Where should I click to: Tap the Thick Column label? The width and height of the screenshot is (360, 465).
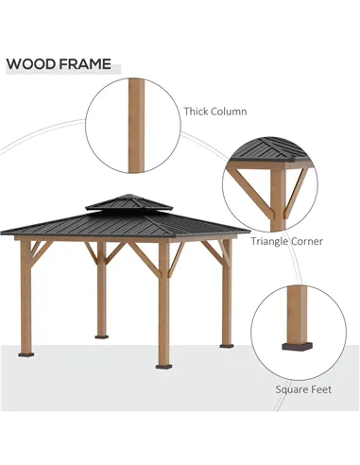point(215,112)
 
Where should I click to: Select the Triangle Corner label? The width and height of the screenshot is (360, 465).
point(286,241)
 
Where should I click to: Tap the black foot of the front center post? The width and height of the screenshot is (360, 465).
point(163,365)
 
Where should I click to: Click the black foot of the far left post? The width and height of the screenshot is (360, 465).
point(26,354)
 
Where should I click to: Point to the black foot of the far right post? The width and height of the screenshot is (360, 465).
point(227,345)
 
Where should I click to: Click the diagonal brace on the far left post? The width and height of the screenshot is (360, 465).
point(39,250)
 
